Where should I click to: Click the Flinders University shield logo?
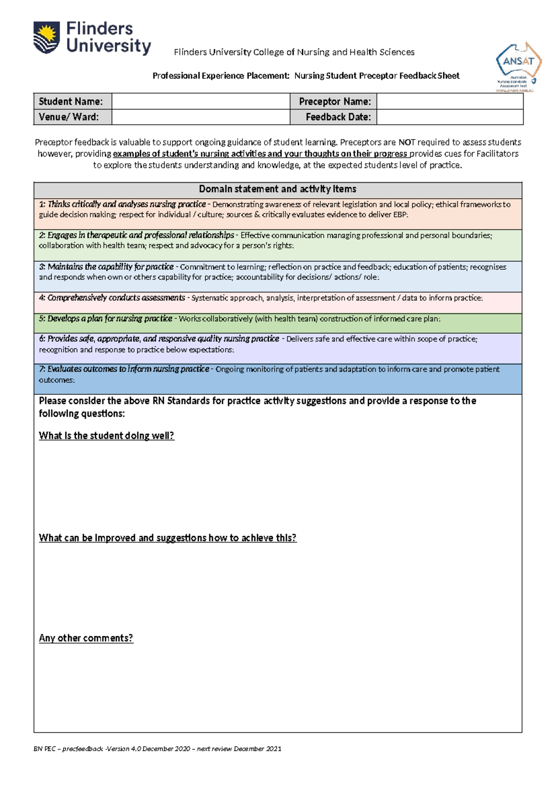(46, 38)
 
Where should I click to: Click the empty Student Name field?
(201, 101)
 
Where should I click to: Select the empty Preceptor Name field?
(449, 101)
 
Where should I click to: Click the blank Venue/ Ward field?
(201, 117)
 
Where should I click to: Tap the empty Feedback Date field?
(449, 117)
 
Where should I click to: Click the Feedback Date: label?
(338, 117)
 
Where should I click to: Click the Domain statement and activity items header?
(278, 189)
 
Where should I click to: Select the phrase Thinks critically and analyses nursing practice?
(126, 204)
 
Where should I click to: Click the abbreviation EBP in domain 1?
(400, 215)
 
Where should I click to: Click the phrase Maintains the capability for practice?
(110, 267)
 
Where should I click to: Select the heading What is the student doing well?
(107, 436)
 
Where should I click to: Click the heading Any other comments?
(86, 638)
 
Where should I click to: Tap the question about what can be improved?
(167, 538)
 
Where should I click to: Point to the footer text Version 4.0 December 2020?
(147, 748)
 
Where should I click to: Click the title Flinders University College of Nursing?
(294, 52)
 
